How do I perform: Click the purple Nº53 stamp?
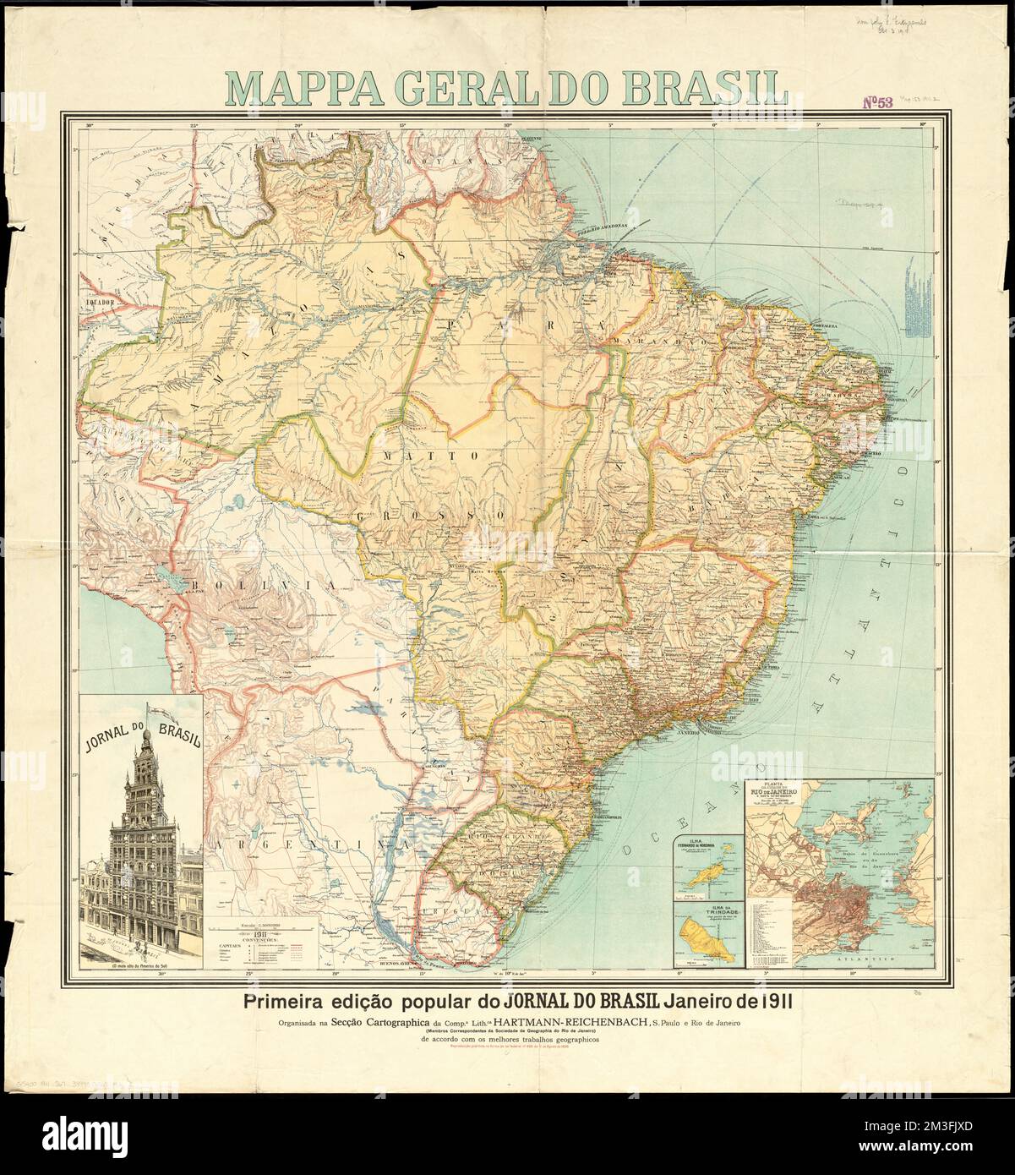point(879,104)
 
